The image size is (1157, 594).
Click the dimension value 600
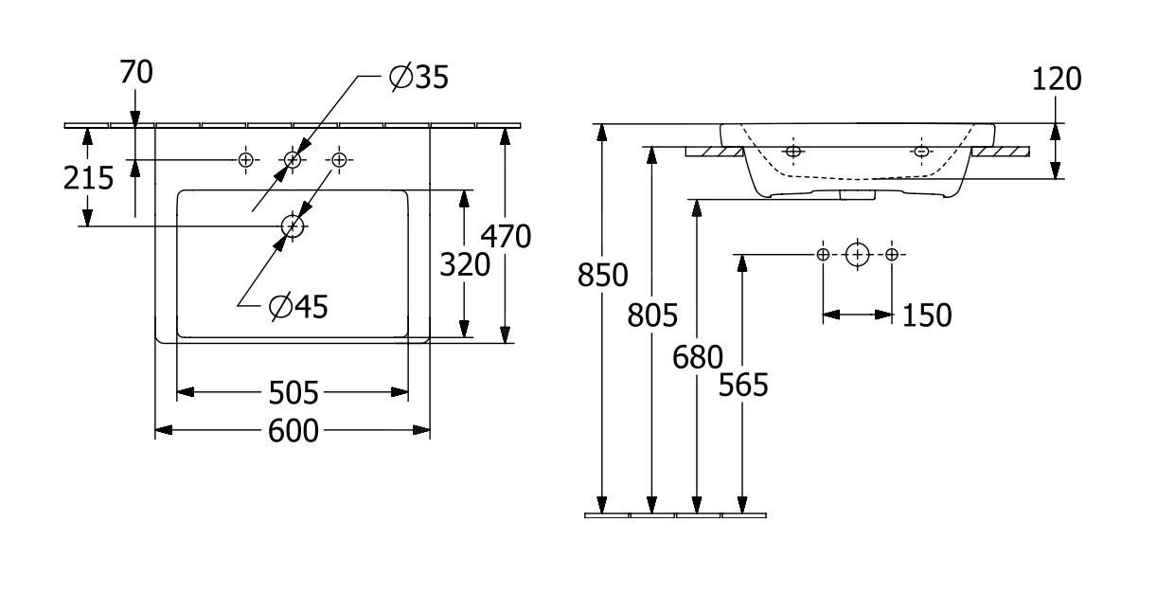click(293, 431)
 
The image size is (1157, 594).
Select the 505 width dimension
click(293, 392)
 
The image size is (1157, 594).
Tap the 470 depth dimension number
click(505, 236)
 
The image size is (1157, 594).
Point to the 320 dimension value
click(464, 265)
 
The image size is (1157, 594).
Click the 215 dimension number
click(89, 177)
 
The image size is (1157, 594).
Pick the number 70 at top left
click(136, 72)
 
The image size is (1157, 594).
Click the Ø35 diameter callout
click(418, 79)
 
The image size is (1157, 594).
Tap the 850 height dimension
click(602, 275)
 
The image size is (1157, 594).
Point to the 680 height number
click(697, 357)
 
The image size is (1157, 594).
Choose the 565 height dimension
click(743, 385)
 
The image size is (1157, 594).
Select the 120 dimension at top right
click(1055, 80)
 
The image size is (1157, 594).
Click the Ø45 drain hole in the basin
click(293, 225)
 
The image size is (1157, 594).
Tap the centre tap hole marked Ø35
click(293, 160)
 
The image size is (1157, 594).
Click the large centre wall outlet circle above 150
click(857, 254)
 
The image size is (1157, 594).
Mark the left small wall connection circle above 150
click(823, 254)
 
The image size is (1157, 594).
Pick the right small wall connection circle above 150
click(891, 254)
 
